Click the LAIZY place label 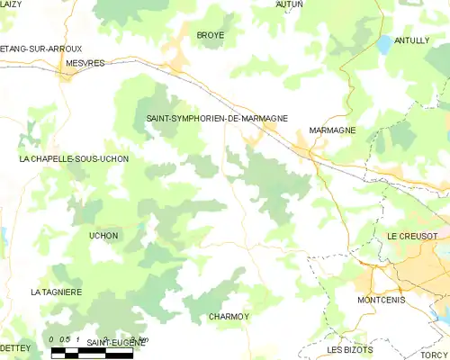[11, 4]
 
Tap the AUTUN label [289, 4]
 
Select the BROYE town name [211, 35]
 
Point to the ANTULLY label [412, 40]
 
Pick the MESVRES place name [85, 64]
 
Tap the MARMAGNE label [332, 130]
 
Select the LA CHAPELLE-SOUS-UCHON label [74, 159]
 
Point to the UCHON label [103, 236]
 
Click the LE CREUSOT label [412, 236]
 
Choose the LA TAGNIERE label [57, 292]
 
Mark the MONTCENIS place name [382, 300]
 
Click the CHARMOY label [229, 317]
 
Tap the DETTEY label [15, 347]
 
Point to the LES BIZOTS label [349, 349]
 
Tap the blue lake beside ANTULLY [385, 42]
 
